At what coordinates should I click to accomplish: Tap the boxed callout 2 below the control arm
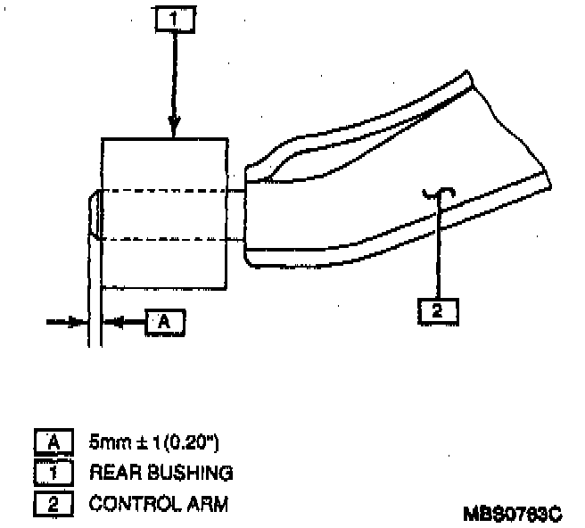438,311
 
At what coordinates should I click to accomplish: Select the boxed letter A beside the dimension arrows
165,322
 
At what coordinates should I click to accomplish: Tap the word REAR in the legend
111,472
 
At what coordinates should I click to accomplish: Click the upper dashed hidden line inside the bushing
165,191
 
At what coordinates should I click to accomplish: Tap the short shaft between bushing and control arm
236,214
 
